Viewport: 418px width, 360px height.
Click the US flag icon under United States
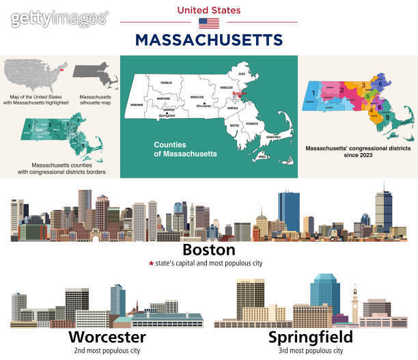point(208,23)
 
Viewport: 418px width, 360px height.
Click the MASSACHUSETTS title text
point(208,39)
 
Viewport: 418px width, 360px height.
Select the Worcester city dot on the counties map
point(204,104)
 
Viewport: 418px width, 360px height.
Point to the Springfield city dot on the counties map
point(167,113)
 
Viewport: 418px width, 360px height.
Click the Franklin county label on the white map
point(166,83)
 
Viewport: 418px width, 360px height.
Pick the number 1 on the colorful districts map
point(313,91)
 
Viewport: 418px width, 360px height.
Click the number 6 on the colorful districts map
point(380,83)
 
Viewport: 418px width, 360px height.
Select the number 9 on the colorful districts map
point(388,117)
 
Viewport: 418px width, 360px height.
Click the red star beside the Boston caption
point(150,262)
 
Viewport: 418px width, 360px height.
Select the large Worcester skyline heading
point(107,337)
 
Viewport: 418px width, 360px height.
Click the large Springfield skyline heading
point(310,337)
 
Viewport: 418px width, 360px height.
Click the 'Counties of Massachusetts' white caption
point(185,149)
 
